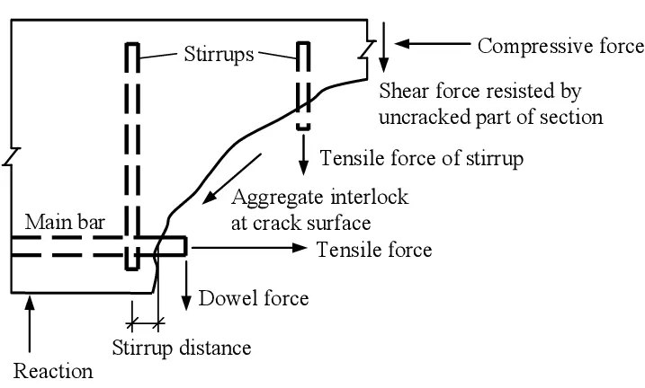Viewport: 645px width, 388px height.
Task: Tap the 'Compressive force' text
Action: click(x=560, y=45)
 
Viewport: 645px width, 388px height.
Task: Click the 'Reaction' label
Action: click(x=53, y=369)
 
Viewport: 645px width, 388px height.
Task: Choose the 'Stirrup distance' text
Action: click(x=181, y=346)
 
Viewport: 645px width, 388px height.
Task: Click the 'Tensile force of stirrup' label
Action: click(x=422, y=158)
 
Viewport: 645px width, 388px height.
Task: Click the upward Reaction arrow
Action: click(x=31, y=323)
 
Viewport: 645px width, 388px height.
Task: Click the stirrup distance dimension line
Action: click(x=145, y=321)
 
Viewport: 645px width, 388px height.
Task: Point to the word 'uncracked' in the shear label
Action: click(x=424, y=117)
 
